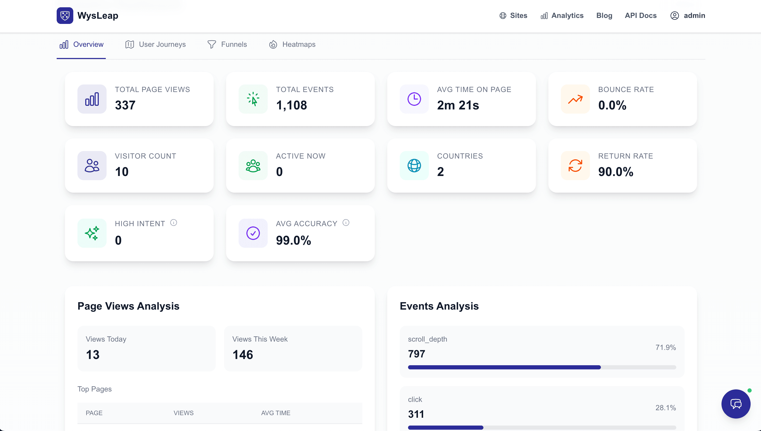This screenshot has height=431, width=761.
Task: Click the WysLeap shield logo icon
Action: (x=65, y=15)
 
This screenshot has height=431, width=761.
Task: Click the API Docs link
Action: (x=641, y=15)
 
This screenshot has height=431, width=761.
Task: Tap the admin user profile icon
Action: (x=674, y=15)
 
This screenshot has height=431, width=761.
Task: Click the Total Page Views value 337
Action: (x=125, y=105)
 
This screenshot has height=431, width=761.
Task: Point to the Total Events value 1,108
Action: (x=291, y=105)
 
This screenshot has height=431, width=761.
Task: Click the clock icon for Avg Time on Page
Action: (x=414, y=99)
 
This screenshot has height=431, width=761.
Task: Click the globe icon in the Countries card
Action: (x=414, y=166)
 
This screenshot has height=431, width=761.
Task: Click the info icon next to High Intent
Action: (x=174, y=223)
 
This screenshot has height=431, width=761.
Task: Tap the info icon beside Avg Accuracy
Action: (x=346, y=223)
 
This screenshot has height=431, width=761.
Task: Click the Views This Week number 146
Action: (x=242, y=355)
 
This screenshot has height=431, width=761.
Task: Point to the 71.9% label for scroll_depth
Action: (x=665, y=347)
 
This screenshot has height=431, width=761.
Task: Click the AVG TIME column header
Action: (x=275, y=413)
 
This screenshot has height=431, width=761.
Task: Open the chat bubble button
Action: (x=736, y=404)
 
